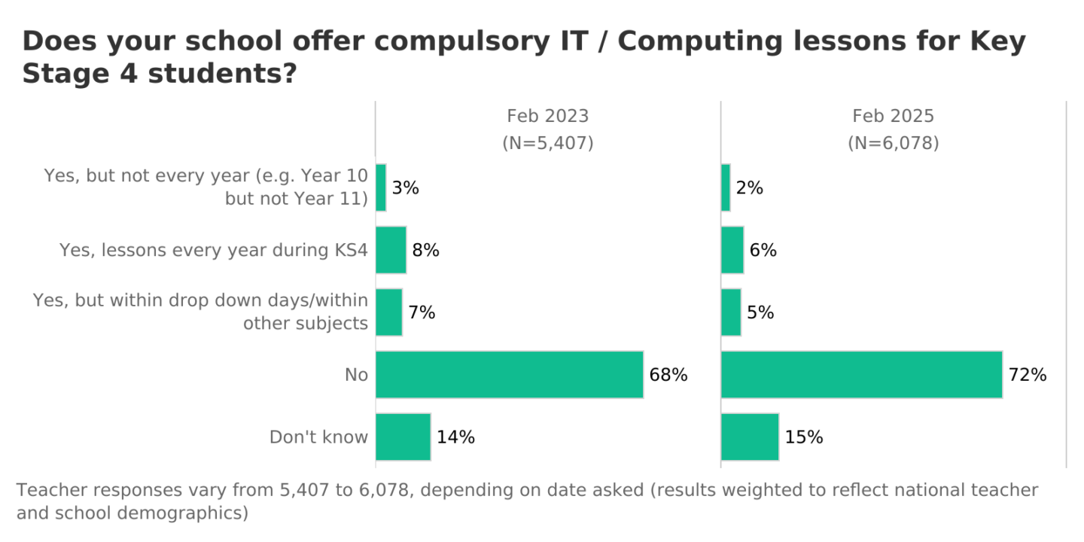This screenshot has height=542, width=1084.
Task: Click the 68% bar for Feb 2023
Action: (x=510, y=374)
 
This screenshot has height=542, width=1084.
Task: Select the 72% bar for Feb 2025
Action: (x=861, y=374)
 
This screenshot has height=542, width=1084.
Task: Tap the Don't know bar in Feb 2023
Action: (x=403, y=437)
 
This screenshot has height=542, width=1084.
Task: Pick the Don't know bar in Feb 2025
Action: (x=750, y=437)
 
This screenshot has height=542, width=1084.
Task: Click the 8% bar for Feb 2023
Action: (x=391, y=250)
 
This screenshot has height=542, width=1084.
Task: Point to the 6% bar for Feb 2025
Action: (x=732, y=250)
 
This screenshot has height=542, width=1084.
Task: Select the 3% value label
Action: (x=405, y=188)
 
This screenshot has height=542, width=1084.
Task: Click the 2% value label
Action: (x=750, y=188)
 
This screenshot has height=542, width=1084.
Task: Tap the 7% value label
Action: (x=422, y=312)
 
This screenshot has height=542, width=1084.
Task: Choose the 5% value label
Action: (x=761, y=312)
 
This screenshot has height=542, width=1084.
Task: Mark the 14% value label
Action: (x=455, y=437)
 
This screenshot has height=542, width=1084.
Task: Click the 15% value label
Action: (x=804, y=437)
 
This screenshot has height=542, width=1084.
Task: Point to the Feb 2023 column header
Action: (x=547, y=116)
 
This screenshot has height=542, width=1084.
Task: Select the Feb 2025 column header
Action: (x=893, y=116)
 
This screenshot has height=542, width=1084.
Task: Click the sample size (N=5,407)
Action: (x=547, y=143)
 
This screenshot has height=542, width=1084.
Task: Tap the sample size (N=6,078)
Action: (x=893, y=143)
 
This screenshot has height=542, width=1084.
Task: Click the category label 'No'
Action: (x=356, y=374)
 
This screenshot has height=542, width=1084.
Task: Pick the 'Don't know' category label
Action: (x=318, y=437)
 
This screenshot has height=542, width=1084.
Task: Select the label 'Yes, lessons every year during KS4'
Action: (x=214, y=250)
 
